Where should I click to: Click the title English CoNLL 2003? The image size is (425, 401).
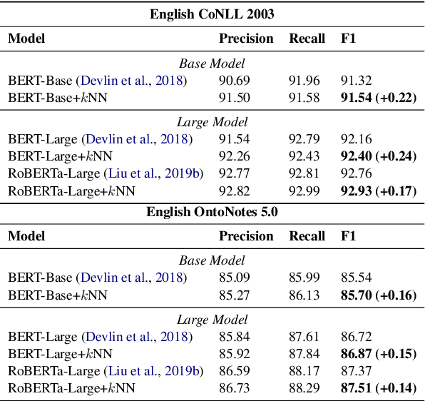tap(212, 13)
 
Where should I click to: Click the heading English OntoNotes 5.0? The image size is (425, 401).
tap(212, 211)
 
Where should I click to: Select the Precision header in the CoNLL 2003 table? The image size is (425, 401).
tap(246, 38)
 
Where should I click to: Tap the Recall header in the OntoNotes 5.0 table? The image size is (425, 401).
tap(307, 236)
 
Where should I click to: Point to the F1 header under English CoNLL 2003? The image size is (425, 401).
tap(349, 38)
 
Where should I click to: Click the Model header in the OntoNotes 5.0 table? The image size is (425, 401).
tap(26, 236)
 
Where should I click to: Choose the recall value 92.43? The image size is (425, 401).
tap(303, 156)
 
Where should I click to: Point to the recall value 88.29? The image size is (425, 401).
tap(303, 388)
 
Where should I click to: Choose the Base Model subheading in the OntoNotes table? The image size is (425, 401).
tap(212, 260)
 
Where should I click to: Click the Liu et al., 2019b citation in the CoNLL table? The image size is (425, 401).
tap(153, 173)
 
